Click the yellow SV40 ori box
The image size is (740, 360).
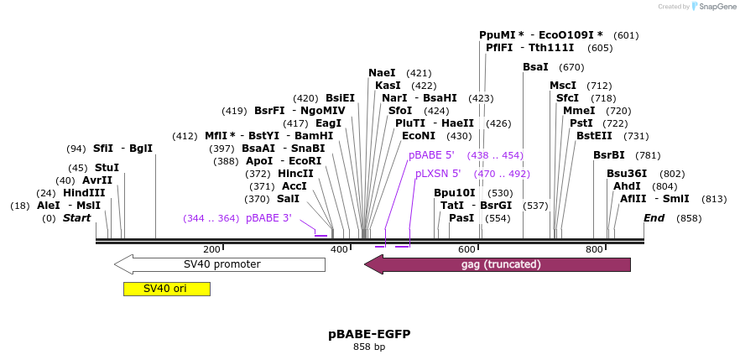(x=166, y=289)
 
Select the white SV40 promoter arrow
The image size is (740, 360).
(x=220, y=264)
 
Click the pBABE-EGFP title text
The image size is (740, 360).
(x=369, y=334)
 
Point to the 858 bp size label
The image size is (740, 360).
(x=369, y=347)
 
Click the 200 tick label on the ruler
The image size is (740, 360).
(x=211, y=249)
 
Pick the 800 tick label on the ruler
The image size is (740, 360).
(x=594, y=249)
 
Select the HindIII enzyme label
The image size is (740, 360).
(x=84, y=193)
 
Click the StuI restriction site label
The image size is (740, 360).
(x=107, y=168)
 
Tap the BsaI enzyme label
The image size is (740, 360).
(x=535, y=67)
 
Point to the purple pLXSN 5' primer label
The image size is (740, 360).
(x=438, y=174)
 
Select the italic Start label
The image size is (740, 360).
(x=76, y=218)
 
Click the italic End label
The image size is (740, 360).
(x=654, y=218)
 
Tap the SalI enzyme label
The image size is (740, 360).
(x=288, y=199)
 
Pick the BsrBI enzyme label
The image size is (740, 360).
(x=609, y=154)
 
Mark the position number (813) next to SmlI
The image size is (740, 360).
(x=714, y=199)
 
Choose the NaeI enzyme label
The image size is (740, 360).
(x=382, y=73)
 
